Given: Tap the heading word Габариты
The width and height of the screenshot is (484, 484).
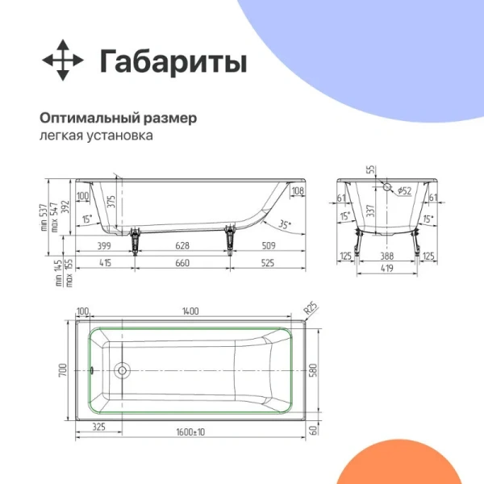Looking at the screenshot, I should tap(173, 61).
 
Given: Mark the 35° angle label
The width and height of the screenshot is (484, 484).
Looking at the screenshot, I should tap(285, 223).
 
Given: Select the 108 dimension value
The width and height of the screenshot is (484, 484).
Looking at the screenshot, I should tap(297, 191).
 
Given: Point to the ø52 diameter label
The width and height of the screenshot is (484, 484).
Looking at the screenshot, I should tap(403, 190).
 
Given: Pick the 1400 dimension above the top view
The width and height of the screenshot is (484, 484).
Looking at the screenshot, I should tap(190, 311).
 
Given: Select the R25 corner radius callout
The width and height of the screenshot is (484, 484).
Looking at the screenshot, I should tap(309, 308).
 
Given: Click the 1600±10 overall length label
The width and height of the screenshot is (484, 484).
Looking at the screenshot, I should tap(190, 433).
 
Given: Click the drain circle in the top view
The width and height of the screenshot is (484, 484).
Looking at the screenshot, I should tap(123, 371).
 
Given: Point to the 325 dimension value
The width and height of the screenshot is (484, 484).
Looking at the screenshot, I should tap(100, 425).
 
